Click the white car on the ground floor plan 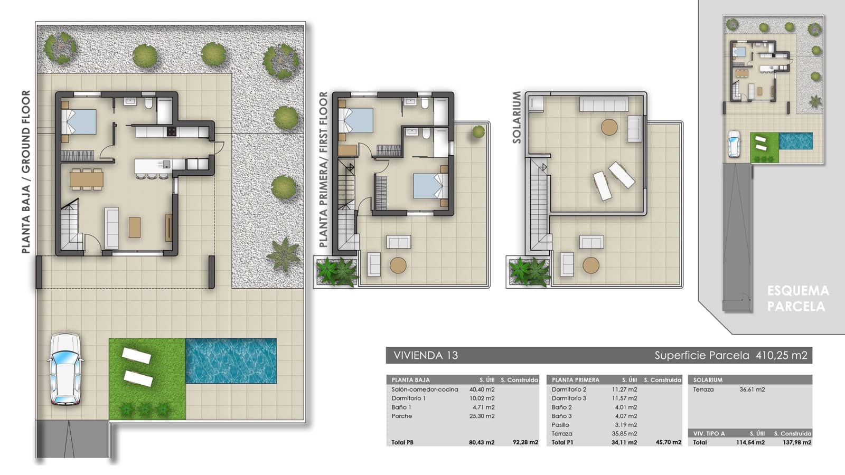click(64, 369)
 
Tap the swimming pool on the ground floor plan click(231, 360)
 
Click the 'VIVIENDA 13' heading click(426, 355)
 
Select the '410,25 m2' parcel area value click(781, 355)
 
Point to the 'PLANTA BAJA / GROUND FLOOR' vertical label click(26, 172)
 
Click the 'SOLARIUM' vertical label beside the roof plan click(517, 117)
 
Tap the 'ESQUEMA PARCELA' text click(797, 298)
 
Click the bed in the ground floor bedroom click(79, 122)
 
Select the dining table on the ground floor click(87, 179)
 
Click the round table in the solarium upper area click(609, 127)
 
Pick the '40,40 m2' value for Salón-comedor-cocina click(482, 389)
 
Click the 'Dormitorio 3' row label click(569, 398)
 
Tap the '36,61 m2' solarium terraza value click(752, 389)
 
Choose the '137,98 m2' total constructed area click(796, 442)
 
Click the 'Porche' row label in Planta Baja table click(401, 416)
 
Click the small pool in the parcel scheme click(795, 141)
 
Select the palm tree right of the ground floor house click(283, 254)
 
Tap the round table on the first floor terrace click(398, 265)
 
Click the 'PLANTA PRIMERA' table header click(575, 380)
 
